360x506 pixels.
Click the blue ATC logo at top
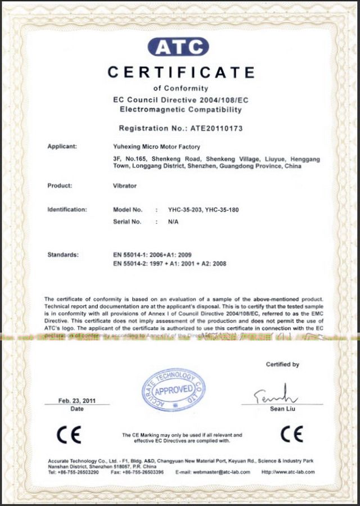point(178,47)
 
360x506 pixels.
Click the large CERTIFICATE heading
point(181,73)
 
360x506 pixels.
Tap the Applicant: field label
point(62,147)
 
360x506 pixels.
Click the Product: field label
point(59,185)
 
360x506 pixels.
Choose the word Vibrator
point(125,185)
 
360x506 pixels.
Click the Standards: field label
point(63,255)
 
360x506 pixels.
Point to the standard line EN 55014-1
point(152,255)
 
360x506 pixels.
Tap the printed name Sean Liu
point(282,409)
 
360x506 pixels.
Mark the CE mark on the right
point(291,434)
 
